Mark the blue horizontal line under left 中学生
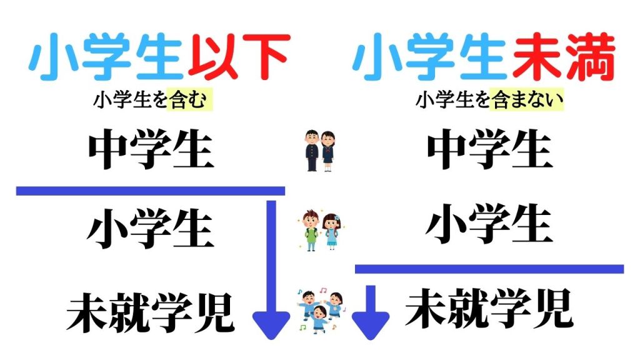[x=150, y=191]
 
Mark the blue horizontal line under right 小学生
[x=489, y=269]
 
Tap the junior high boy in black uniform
[x=311, y=151]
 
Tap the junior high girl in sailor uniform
[x=328, y=151]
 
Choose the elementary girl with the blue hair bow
[x=330, y=229]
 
